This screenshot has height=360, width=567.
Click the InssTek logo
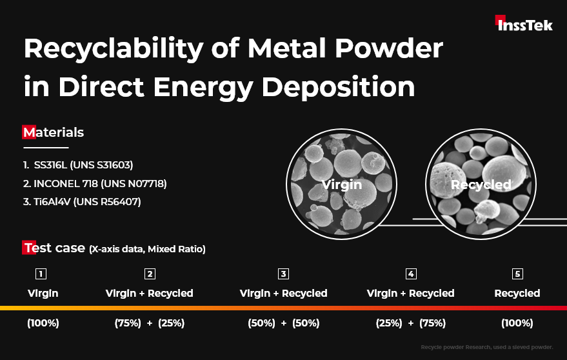coord(524,23)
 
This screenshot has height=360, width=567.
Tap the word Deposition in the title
coord(338,87)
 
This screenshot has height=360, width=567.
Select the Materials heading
coord(53,132)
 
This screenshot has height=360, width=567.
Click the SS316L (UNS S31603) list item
coord(78,165)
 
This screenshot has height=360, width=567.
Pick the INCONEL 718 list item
coord(95,183)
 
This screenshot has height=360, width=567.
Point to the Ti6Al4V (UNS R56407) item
coord(82,201)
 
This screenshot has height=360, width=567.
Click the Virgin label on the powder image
coord(342,185)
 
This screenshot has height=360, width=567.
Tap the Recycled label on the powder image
coord(481,185)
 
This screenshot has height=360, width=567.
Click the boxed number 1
coord(41,274)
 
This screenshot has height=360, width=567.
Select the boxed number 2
coord(150,274)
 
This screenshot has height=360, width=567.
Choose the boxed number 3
coord(284,274)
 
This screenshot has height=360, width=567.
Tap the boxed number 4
coord(411,274)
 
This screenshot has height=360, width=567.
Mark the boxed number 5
coord(517,274)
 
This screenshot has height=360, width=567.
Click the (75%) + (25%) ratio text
coord(150,323)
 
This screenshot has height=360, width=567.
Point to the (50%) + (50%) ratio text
coord(284,323)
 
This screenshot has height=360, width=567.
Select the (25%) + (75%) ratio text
coord(411,323)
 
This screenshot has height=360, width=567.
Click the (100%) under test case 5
coord(517,323)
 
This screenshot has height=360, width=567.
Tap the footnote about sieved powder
coord(487,347)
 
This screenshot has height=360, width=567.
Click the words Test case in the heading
coord(54,248)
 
